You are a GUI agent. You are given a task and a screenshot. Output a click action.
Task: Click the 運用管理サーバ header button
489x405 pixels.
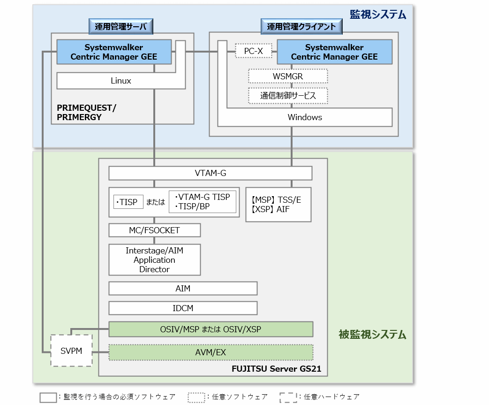[121, 27]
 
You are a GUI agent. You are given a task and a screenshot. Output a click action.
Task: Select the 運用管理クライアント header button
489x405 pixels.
[301, 27]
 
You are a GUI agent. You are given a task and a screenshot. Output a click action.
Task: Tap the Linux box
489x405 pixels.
[121, 81]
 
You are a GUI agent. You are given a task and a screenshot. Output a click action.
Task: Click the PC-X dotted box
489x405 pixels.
[253, 51]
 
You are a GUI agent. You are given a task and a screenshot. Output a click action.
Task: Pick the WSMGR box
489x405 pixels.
[288, 76]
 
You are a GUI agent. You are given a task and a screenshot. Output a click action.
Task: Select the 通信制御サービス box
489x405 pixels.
[288, 96]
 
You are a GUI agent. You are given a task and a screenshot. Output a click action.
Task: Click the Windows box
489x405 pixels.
[305, 117]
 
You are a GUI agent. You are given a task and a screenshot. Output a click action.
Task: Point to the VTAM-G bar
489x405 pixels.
[210, 173]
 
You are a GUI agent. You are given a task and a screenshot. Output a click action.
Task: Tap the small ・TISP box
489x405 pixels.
[128, 202]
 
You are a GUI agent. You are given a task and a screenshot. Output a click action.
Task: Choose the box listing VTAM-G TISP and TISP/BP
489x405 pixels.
[202, 202]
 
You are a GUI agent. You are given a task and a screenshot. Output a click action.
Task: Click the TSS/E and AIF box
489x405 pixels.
[278, 205]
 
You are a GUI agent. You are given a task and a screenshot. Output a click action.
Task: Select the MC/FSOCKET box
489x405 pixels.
[154, 230]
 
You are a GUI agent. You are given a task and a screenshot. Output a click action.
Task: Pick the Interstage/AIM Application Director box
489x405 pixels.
[154, 260]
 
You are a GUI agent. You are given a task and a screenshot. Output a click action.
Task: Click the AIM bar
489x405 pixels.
[183, 288]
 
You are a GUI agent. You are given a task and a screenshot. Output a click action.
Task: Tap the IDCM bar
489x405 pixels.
[183, 308]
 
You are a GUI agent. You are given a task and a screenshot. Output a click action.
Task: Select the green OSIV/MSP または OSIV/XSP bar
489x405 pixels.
[211, 329]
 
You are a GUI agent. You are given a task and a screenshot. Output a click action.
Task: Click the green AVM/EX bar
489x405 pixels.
[211, 352]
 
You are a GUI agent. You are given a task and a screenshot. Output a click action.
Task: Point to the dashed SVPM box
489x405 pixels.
[71, 350]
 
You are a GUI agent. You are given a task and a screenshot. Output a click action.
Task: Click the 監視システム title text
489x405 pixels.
[377, 15]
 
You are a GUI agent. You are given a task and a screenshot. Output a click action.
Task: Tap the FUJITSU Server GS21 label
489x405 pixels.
[277, 369]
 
